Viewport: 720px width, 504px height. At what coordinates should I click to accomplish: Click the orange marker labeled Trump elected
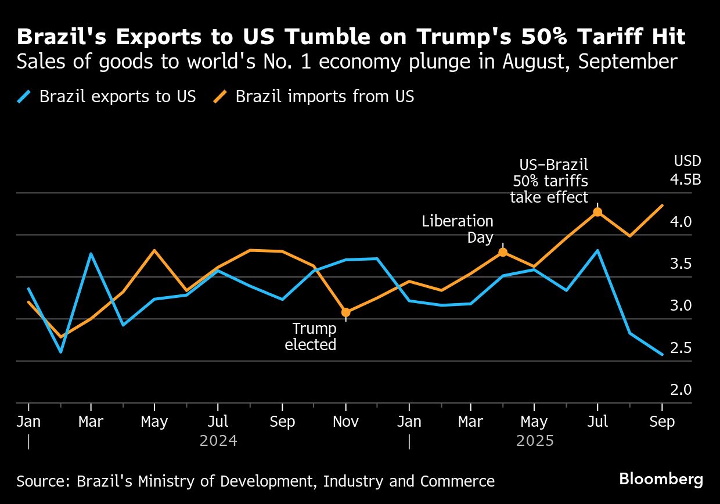346,312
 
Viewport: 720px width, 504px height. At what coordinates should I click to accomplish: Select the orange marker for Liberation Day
503,252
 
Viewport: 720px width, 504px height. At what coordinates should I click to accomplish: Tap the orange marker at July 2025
597,212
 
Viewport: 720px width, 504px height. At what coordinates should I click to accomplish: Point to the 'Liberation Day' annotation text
458,229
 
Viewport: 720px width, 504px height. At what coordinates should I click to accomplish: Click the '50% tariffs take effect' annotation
549,181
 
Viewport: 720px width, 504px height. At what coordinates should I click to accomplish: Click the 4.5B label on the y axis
685,179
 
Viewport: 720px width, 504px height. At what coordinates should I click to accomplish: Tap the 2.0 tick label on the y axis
681,390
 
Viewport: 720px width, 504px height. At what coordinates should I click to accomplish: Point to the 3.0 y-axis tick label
681,305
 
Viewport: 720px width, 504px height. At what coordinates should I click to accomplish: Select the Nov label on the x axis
346,422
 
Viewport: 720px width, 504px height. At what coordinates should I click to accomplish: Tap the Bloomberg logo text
661,480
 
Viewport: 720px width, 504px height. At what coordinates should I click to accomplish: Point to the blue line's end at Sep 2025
662,354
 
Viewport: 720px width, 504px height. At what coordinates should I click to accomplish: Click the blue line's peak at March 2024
91,253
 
